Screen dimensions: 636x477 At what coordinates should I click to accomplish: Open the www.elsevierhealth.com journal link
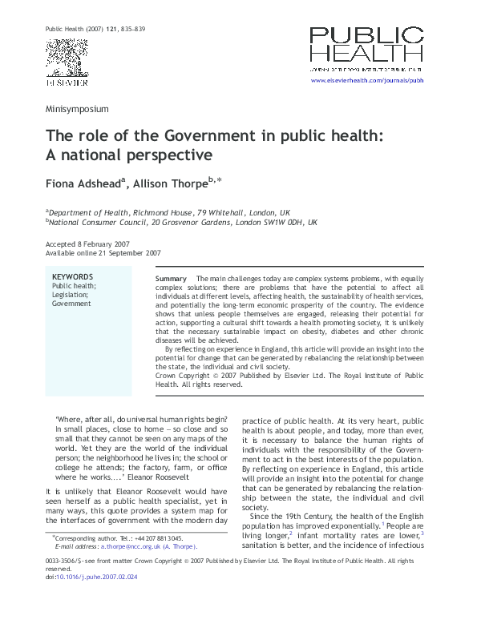coord(366,83)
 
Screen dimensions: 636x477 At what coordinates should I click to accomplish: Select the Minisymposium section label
coord(77,108)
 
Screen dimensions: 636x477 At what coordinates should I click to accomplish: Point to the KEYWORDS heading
coord(73,276)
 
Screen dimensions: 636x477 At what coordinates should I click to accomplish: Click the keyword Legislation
coord(71,295)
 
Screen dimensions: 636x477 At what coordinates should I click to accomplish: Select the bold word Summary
coord(170,278)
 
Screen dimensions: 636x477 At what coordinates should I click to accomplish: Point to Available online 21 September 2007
coord(103,253)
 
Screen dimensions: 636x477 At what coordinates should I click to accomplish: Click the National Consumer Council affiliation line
coord(182,222)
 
